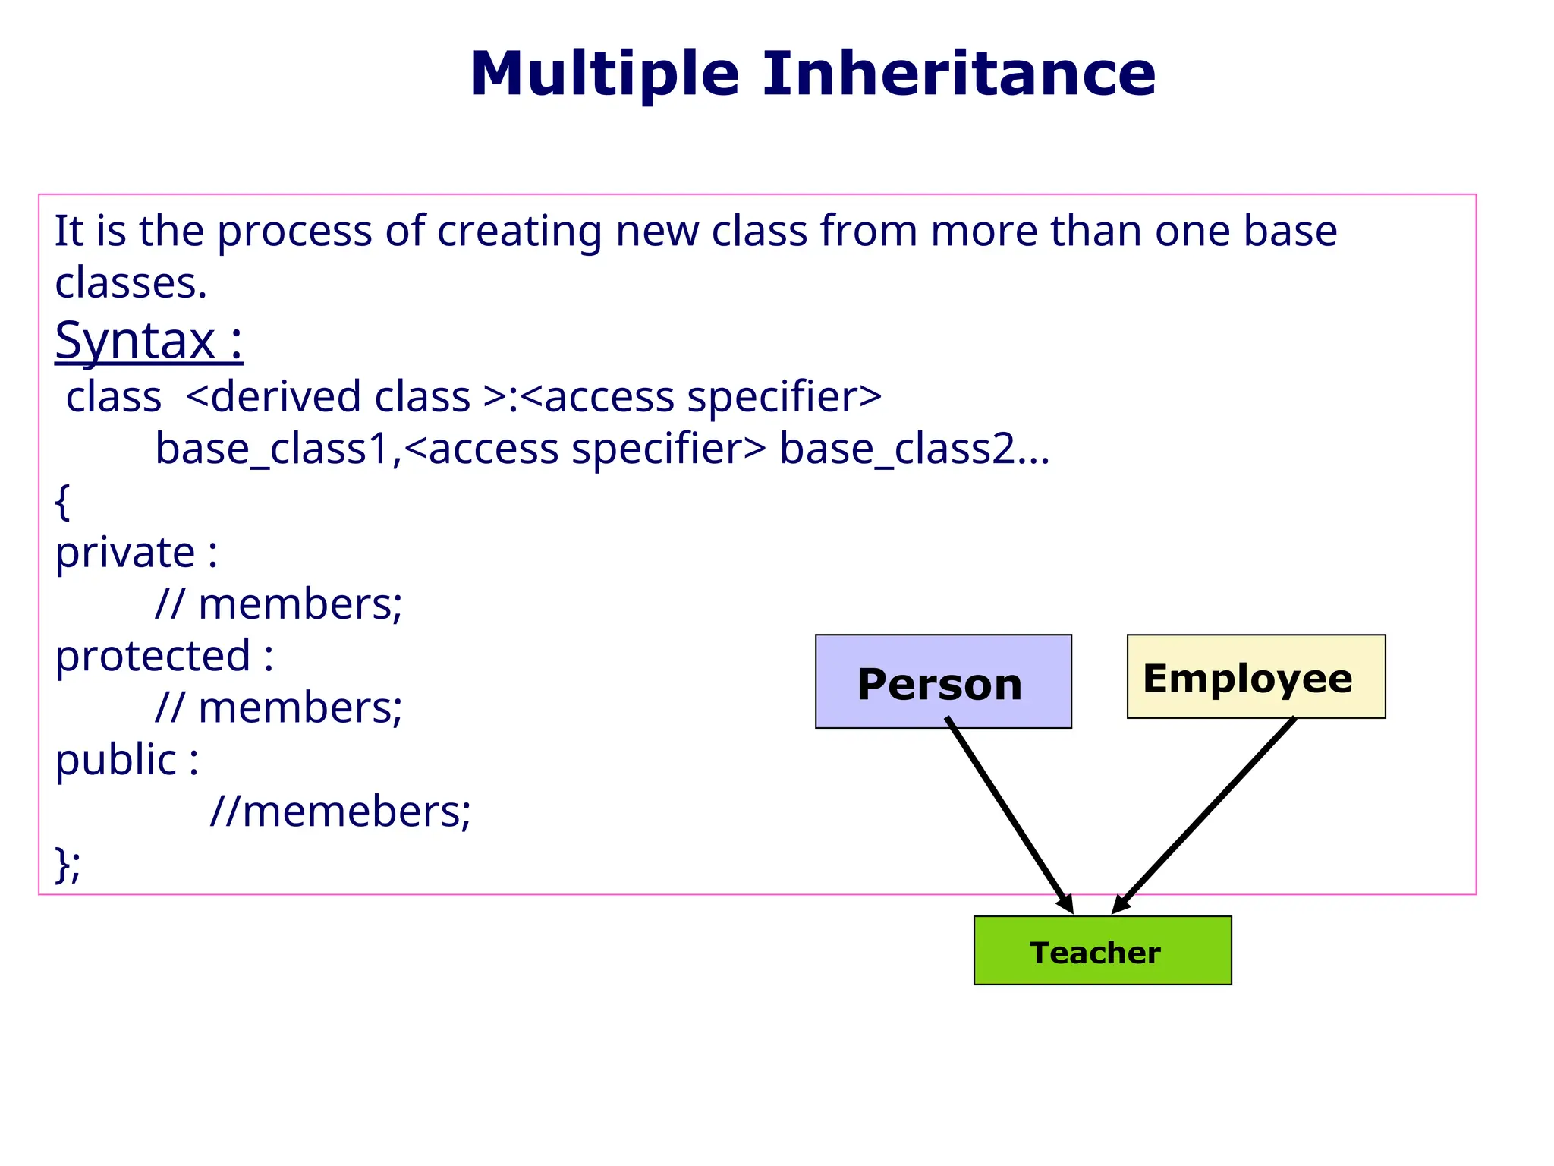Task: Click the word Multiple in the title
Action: click(x=604, y=74)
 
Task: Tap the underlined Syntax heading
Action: click(x=149, y=341)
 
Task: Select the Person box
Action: click(x=942, y=682)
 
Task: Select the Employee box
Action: click(x=1255, y=676)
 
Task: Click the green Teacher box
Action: click(x=1102, y=950)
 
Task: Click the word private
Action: click(x=125, y=553)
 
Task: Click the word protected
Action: click(x=153, y=656)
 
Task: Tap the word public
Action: click(x=115, y=760)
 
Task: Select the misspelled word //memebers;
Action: click(x=340, y=811)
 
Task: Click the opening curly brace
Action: click(x=62, y=502)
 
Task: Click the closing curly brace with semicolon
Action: click(x=67, y=864)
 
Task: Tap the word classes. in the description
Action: click(x=131, y=284)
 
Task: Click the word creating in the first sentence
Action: click(x=519, y=232)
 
